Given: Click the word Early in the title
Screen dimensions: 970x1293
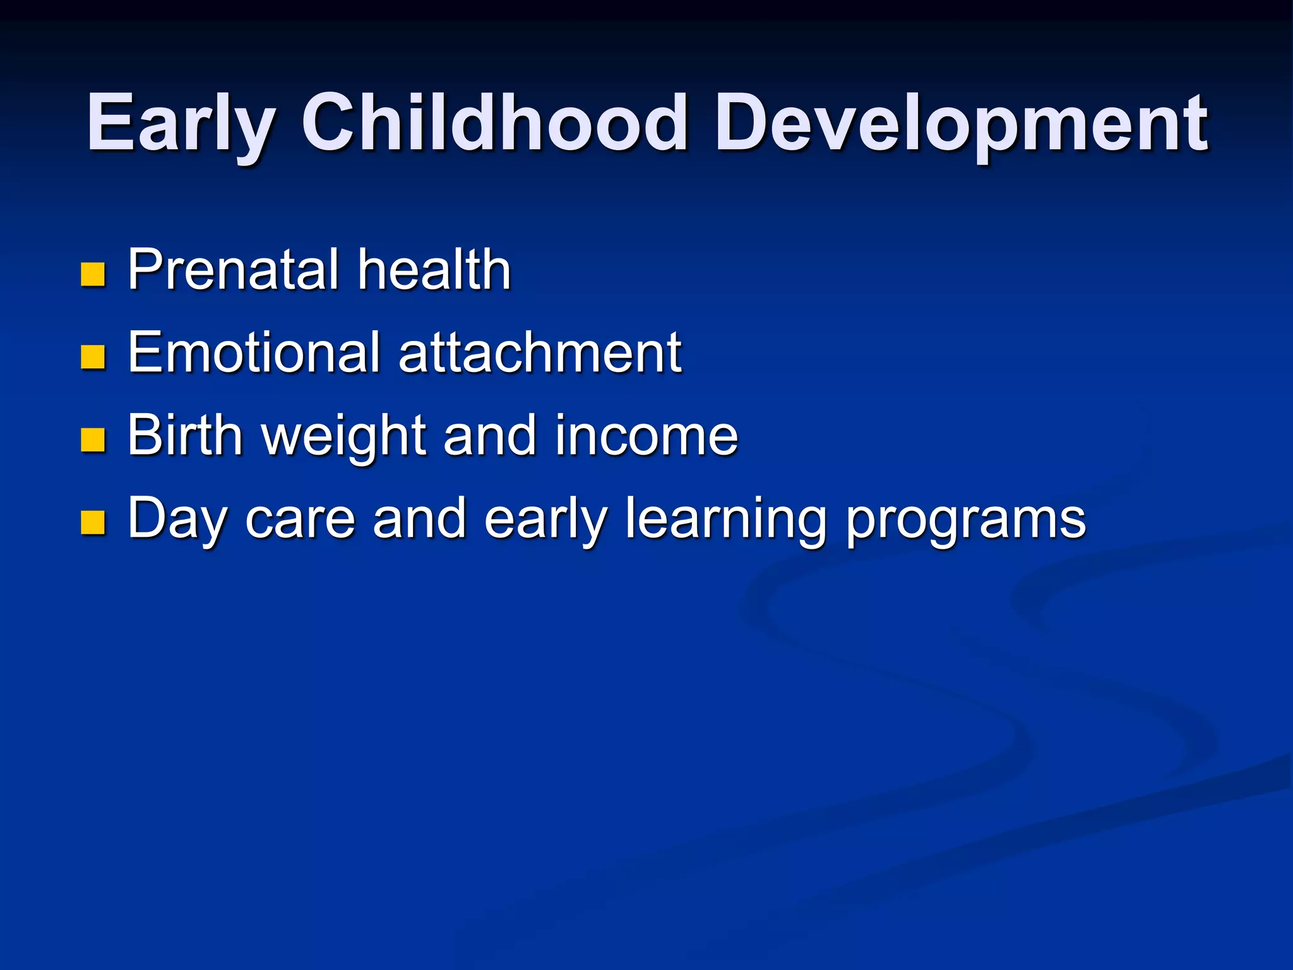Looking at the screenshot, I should click(181, 123).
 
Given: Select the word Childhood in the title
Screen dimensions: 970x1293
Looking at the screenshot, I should click(494, 123).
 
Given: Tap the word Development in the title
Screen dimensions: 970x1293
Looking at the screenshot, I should click(961, 123).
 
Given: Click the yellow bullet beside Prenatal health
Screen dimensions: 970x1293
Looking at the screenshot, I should click(93, 274).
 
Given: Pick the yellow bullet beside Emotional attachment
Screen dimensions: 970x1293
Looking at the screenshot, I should click(93, 357).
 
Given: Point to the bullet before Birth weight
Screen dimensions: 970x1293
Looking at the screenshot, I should click(93, 440).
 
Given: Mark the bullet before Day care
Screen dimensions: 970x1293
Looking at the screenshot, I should click(93, 522).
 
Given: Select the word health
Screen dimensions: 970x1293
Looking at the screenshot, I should click(434, 270).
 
